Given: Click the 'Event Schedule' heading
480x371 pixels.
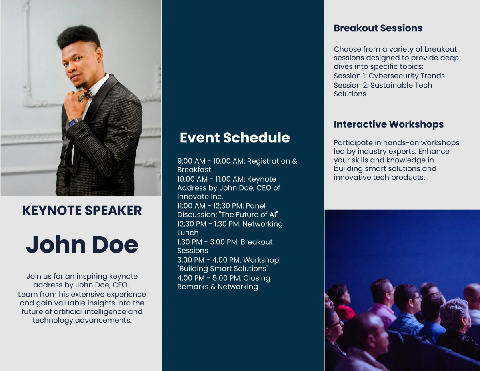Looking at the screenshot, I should coord(235,138).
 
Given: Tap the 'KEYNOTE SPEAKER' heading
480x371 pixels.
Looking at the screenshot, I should coord(82,211).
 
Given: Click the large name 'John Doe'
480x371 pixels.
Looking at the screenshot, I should coord(82,244).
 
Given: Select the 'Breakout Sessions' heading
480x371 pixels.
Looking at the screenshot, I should coord(378,28).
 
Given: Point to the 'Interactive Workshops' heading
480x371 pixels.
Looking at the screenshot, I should coord(388,124).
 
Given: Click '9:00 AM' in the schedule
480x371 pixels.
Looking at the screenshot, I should coord(191,161).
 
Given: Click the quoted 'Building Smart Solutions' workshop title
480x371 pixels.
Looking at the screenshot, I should coord(223,269).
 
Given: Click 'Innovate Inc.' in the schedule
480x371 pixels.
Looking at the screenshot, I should coord(200,197).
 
